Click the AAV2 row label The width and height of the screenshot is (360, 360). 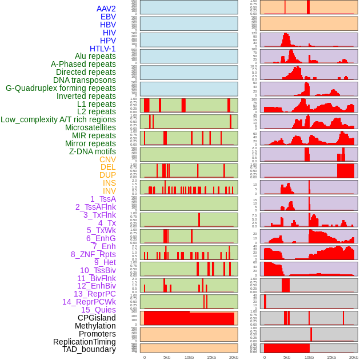pos(106,9)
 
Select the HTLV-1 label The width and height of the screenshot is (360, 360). pos(102,49)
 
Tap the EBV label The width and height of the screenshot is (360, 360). pos(108,17)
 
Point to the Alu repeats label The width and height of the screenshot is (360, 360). pos(95,56)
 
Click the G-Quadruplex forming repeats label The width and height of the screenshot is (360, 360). pos(61,88)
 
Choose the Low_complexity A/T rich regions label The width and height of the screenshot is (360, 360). pos(58,119)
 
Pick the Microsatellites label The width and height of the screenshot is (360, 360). pos(90,127)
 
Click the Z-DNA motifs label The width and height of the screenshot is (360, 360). pos(93,151)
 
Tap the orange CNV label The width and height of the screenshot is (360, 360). pos(107,159)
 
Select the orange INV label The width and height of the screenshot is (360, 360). pos(109,191)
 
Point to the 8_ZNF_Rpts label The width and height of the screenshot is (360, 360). pos(93,254)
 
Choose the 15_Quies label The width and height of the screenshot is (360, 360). pos(98,310)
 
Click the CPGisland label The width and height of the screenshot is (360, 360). pos(97,318)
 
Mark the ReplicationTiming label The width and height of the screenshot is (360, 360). pos(84,342)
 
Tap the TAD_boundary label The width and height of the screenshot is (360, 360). pos(89,349)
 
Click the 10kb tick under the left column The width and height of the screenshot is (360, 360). pos(189,357)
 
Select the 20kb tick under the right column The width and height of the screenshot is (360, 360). pos(354,357)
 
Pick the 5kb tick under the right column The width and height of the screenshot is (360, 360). pos(287,357)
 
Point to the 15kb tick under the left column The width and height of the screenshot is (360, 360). pos(211,357)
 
